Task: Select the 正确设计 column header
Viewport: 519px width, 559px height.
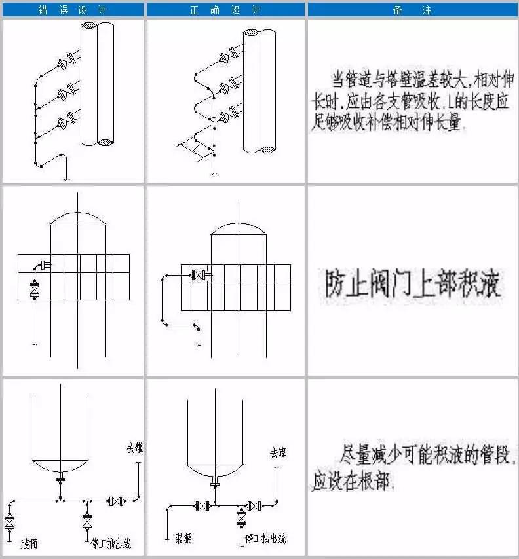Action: pos(225,10)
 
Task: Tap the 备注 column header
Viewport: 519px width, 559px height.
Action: pos(413,10)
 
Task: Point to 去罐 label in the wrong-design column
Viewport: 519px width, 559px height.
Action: pos(135,448)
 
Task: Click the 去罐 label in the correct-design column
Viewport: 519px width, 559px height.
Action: pos(278,453)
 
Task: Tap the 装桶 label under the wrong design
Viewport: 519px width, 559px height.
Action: pos(29,543)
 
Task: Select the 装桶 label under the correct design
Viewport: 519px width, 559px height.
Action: pos(183,538)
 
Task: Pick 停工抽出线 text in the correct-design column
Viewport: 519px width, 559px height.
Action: pos(265,538)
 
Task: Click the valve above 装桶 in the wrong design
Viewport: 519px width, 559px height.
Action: pos(10,522)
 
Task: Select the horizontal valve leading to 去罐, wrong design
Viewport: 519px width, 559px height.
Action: pos(117,501)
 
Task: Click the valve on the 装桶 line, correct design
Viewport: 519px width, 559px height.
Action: pos(202,505)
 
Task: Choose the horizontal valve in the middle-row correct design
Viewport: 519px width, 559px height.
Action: pos(195,276)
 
